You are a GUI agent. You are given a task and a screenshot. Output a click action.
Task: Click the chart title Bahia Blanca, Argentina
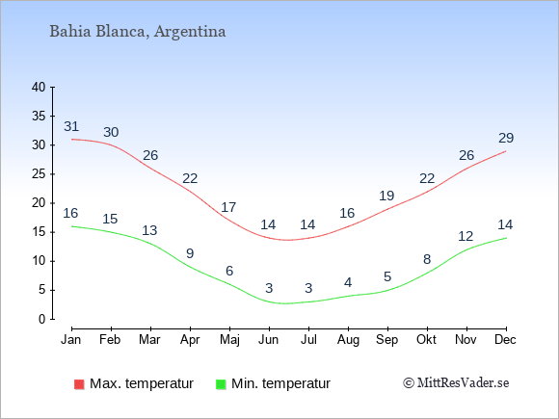coord(138,32)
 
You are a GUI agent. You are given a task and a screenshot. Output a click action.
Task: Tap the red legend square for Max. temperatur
coord(79,384)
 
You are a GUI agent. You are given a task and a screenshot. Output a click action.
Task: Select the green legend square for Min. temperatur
coord(221,384)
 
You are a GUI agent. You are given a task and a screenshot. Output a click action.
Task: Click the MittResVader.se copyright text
coord(456,383)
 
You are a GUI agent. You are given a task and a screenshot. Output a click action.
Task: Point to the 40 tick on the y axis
coord(39,87)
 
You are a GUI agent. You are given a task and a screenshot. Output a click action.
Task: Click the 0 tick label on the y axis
coord(42,319)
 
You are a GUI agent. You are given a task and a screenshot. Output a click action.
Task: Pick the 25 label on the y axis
coord(39,174)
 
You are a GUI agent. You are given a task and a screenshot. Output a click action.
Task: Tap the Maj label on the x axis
coord(229,340)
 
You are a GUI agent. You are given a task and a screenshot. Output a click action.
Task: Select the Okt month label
coord(426,340)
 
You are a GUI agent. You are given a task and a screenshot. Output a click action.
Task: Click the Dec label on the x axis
coord(506,340)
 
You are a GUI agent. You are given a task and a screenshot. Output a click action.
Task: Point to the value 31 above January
coord(71,126)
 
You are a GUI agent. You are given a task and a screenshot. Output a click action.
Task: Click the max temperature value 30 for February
coord(111,132)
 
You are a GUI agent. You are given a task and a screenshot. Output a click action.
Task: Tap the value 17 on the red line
coord(228,207)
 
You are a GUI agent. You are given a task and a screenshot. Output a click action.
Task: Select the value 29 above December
coord(506,138)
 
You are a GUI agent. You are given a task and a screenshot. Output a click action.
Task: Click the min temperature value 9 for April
coord(190,253)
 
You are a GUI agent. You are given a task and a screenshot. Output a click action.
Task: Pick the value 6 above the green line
coord(229,271)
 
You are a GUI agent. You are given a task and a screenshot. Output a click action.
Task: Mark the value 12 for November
coord(466,236)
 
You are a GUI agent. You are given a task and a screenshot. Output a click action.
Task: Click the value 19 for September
coord(386,196)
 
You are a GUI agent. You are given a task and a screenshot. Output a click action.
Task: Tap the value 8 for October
coord(427,259)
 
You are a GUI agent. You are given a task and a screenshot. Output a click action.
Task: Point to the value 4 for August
coord(348,282)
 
